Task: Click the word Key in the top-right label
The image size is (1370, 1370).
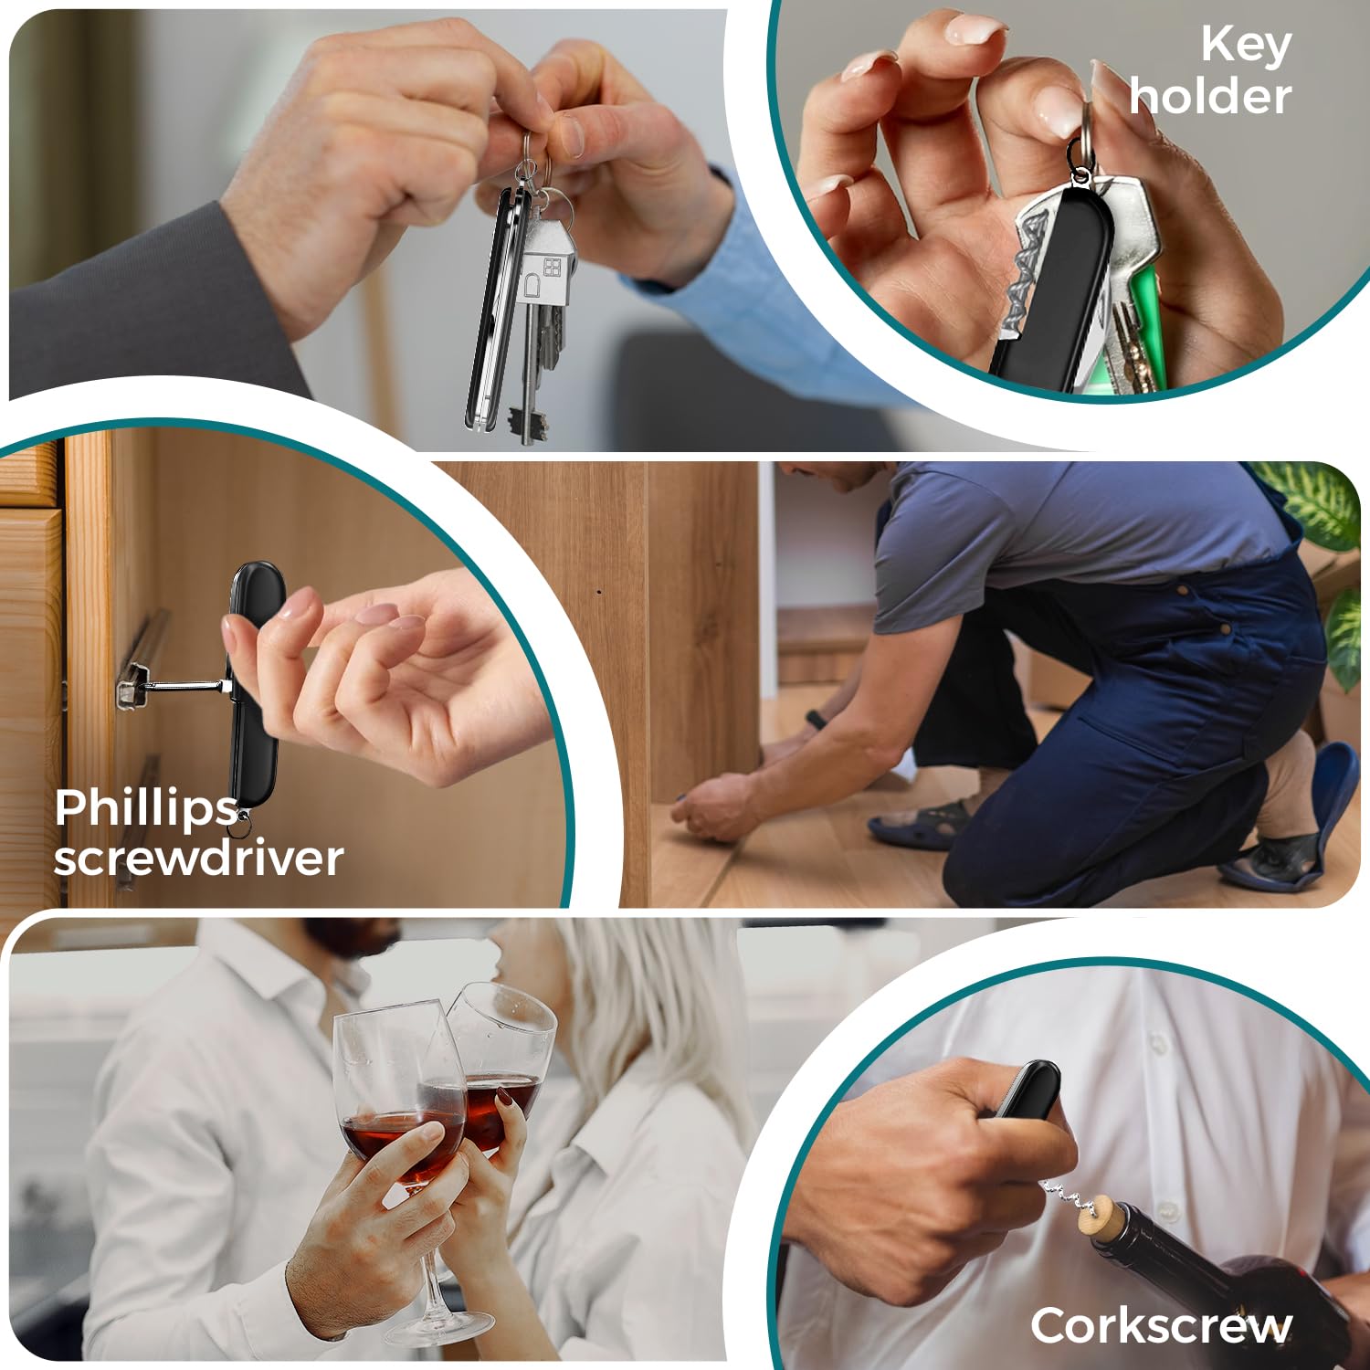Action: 1246,46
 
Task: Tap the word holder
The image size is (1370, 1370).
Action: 1211,96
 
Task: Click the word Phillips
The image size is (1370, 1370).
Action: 146,810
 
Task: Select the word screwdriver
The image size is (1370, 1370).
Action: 198,859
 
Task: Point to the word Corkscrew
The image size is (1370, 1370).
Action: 1162,1325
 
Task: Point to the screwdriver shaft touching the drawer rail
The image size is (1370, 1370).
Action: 182,685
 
